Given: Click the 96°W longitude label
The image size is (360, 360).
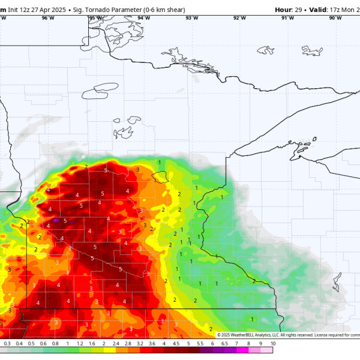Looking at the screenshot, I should coord(48,18).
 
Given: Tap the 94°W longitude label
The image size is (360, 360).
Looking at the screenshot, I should coord(143,18).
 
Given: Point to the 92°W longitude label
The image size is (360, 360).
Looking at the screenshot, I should coord(239,18).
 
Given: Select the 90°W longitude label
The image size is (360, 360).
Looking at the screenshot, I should coord(335,18).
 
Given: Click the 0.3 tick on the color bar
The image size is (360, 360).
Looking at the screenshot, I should coord(7,344).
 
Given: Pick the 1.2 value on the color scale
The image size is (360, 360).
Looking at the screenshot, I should coord(80,344).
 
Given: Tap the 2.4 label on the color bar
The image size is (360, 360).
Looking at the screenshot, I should coord(116,344).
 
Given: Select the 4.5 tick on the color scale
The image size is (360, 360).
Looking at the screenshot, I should coord(176,344).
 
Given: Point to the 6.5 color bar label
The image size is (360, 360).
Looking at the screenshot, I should coord(224,344).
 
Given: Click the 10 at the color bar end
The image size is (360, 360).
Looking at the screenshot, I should coord(272,344).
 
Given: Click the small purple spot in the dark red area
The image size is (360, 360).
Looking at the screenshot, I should coord(56,221).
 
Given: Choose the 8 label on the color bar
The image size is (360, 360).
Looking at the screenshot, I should coord(248,344).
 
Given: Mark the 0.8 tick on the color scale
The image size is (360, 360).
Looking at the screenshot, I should coord(55,344).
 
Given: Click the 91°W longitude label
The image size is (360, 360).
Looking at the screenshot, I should coord(287,18).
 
